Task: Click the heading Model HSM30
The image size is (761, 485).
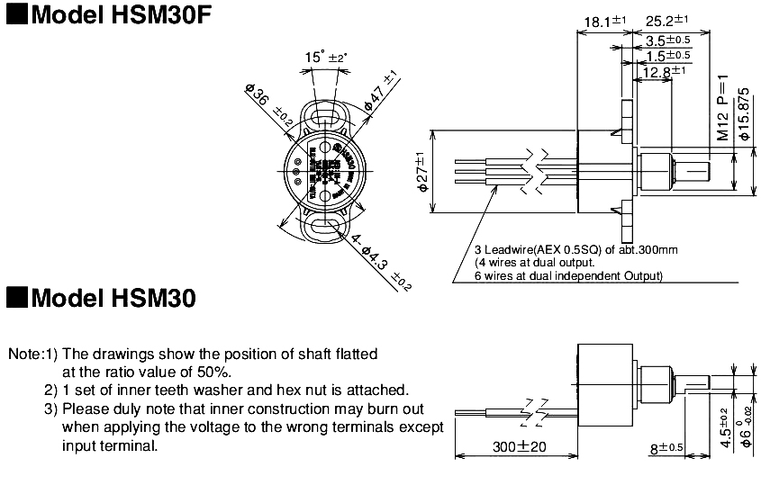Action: pyautogui.click(x=101, y=298)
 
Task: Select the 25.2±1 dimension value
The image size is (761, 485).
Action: pyautogui.click(x=667, y=20)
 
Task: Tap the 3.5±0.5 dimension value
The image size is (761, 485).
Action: pyautogui.click(x=668, y=40)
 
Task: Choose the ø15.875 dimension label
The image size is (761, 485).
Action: pyautogui.click(x=744, y=113)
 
